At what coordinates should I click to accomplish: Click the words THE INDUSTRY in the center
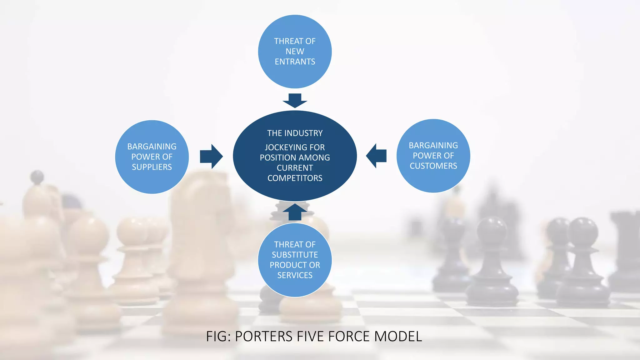coord(295,133)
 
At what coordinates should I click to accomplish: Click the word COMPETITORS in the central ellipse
coord(295,178)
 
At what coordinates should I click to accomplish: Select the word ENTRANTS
coord(295,62)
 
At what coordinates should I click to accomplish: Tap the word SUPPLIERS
coord(152,167)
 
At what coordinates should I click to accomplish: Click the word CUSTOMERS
coord(433,166)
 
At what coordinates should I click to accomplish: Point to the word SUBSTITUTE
coord(295,255)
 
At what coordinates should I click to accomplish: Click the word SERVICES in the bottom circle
coord(295,275)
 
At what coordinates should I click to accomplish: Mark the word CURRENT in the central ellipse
coord(295,168)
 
